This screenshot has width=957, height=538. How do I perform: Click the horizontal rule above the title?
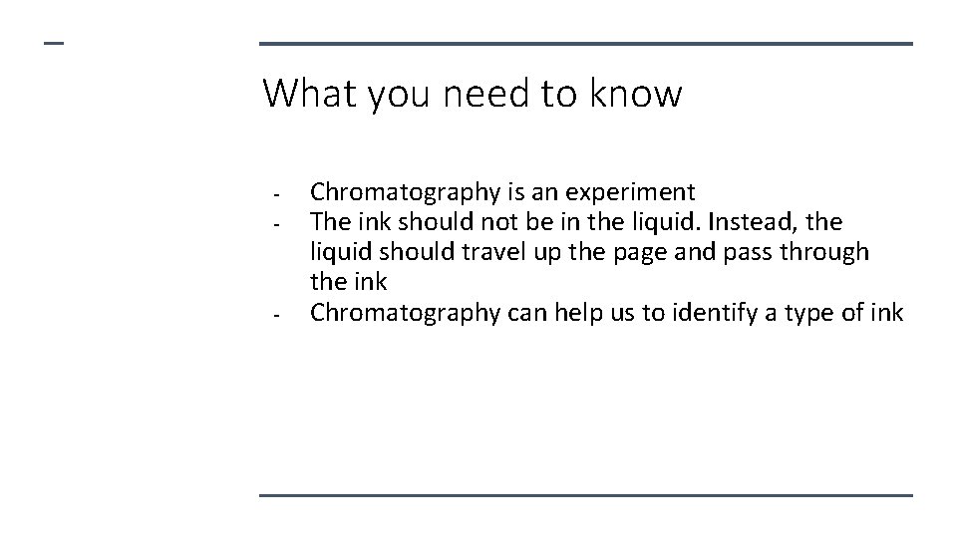[585, 44]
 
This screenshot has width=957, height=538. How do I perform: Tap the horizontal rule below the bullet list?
[585, 495]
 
